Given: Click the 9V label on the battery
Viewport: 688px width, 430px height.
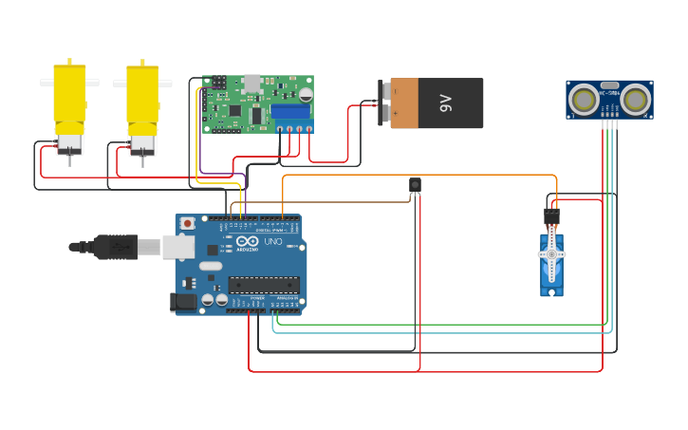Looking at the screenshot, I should (x=446, y=103).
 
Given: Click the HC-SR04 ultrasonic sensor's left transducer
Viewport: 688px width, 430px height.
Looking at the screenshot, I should (x=584, y=98).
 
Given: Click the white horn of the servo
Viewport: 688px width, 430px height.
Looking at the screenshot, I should (x=551, y=254).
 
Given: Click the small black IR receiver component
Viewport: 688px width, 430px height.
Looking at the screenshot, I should (x=415, y=184).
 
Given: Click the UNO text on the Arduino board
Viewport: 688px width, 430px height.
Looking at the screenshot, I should (x=273, y=243).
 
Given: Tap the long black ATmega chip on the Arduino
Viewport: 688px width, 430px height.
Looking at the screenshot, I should (x=264, y=284).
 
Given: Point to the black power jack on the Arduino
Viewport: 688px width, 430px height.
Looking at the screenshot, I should (x=182, y=302).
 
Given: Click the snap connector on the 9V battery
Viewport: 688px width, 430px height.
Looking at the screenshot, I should (x=385, y=103).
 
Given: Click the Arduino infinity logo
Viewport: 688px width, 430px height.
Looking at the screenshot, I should (x=247, y=242).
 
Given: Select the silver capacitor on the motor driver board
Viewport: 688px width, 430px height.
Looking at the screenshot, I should (x=307, y=94).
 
